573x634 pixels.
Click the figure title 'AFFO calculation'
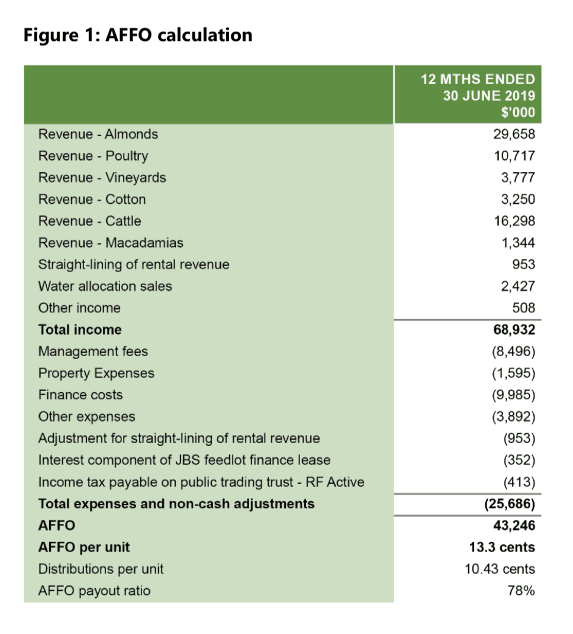pyautogui.click(x=138, y=35)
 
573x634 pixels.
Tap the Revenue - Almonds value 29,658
pyautogui.click(x=514, y=134)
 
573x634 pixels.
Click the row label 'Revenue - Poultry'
pyautogui.click(x=93, y=156)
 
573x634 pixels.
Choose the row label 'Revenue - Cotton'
pyautogui.click(x=92, y=199)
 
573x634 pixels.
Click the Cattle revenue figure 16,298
pyautogui.click(x=514, y=221)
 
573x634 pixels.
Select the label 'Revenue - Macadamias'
pyautogui.click(x=111, y=243)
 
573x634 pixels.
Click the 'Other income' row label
pyautogui.click(x=79, y=308)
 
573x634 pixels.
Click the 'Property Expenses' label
pyautogui.click(x=96, y=373)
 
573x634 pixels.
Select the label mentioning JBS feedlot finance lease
pyautogui.click(x=184, y=460)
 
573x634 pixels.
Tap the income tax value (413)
pyautogui.click(x=519, y=482)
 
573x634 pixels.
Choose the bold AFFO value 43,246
pyautogui.click(x=513, y=526)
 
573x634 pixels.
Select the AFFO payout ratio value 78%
pyautogui.click(x=521, y=591)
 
